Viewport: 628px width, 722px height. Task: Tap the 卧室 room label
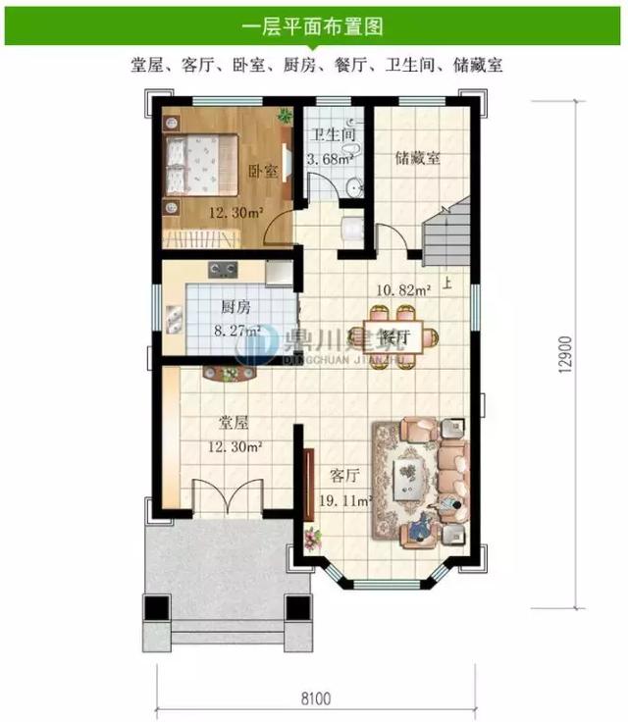coord(262,171)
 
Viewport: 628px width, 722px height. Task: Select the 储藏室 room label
coord(417,157)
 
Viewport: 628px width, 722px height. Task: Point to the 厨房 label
coord(235,305)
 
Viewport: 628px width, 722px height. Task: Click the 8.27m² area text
coord(235,331)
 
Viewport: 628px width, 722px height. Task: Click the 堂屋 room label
coord(233,425)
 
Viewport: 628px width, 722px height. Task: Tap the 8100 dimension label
coord(316,698)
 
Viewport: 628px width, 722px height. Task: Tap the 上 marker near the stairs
coord(447,286)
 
